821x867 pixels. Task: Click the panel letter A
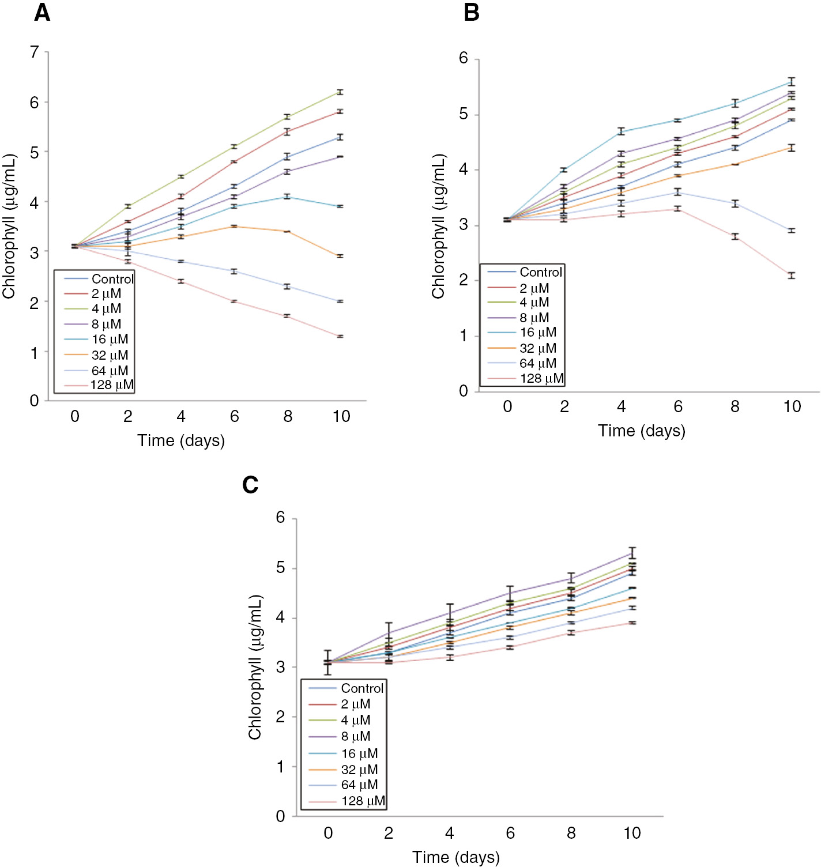click(x=42, y=12)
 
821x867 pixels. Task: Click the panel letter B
click(x=471, y=12)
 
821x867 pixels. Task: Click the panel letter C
click(x=250, y=485)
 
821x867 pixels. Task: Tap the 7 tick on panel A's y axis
click(x=35, y=52)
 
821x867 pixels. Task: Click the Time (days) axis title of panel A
click(x=181, y=440)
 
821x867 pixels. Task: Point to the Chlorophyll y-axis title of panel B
click(x=439, y=226)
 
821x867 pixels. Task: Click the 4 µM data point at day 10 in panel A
click(x=341, y=92)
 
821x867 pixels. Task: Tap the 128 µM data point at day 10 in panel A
click(x=341, y=336)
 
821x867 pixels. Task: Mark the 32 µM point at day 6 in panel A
click(x=234, y=227)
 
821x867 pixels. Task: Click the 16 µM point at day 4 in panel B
click(x=621, y=131)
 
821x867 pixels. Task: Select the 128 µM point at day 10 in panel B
click(x=792, y=276)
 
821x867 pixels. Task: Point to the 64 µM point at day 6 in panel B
click(x=678, y=192)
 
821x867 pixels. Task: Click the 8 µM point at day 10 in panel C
click(x=632, y=553)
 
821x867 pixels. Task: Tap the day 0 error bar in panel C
click(x=328, y=662)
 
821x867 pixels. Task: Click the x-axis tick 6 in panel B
click(x=678, y=407)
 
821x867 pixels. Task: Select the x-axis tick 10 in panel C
click(x=632, y=833)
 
